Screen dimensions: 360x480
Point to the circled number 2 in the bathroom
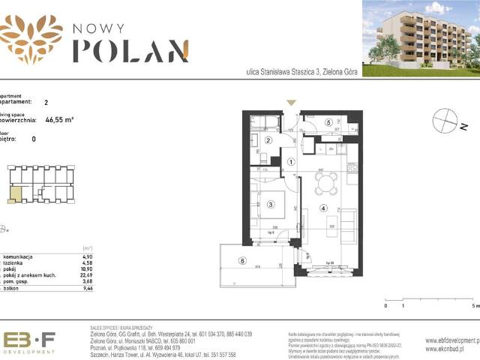(268, 140)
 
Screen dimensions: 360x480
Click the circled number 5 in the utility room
(328, 123)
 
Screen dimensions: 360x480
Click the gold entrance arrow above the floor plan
(292, 103)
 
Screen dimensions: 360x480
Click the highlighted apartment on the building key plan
(15, 196)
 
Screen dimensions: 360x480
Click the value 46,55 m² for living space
(59, 118)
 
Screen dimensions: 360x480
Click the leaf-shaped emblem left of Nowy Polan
(31, 37)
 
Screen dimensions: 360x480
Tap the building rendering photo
(421, 33)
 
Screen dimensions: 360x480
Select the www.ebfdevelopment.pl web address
(451, 340)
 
